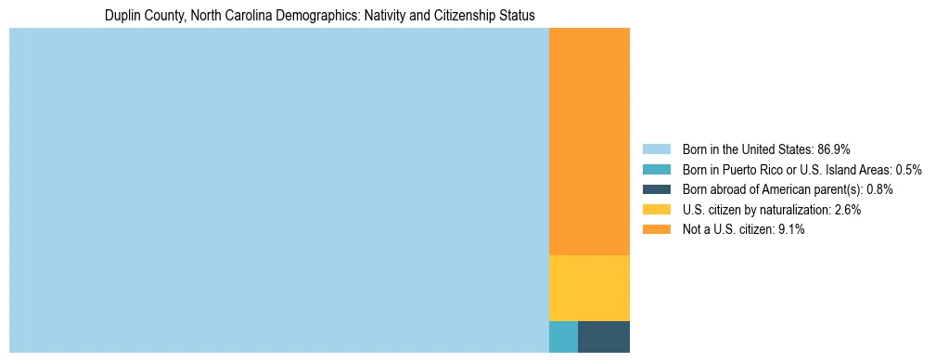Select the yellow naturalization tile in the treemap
click(x=589, y=288)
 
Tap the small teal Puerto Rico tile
click(x=563, y=336)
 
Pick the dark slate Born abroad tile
click(x=603, y=336)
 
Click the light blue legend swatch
click(x=656, y=149)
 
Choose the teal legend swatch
click(x=656, y=169)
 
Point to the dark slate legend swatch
click(x=656, y=189)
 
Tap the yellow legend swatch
click(x=656, y=210)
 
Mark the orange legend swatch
click(x=656, y=229)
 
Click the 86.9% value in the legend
click(x=834, y=149)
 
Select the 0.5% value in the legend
click(x=908, y=169)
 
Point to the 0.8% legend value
click(x=879, y=189)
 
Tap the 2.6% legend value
click(x=847, y=210)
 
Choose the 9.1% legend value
click(x=790, y=229)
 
